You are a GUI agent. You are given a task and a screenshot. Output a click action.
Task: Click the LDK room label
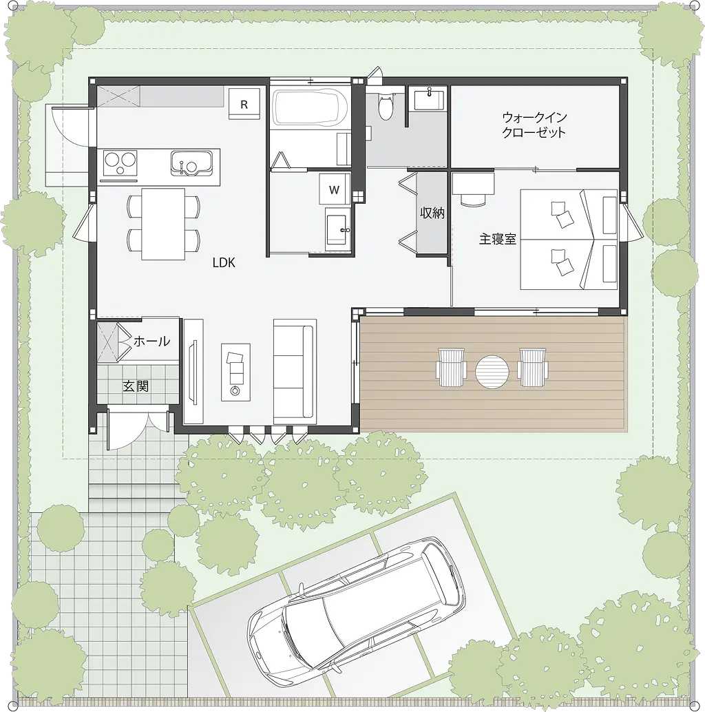point(224,262)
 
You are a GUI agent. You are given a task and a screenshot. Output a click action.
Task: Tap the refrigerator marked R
point(244,105)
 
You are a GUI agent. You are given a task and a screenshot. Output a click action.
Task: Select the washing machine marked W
point(334,189)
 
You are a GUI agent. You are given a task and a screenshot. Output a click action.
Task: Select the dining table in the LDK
point(163,224)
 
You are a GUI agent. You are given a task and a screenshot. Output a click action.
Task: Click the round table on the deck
point(492,372)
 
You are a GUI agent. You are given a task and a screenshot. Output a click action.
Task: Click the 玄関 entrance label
point(136,386)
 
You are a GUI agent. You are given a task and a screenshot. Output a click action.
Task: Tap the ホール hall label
point(151,341)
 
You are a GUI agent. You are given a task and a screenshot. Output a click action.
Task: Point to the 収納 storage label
point(432,213)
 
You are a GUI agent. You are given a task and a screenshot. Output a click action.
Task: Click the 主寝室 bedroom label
point(498,240)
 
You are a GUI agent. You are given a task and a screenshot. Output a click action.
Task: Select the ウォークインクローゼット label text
point(534,125)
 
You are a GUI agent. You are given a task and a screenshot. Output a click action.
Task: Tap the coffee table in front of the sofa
point(235,372)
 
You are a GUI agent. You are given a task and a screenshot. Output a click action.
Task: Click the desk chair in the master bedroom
point(472,199)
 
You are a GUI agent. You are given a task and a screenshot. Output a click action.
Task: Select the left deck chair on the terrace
point(450,367)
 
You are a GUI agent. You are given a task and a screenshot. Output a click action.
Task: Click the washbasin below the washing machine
point(338,230)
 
